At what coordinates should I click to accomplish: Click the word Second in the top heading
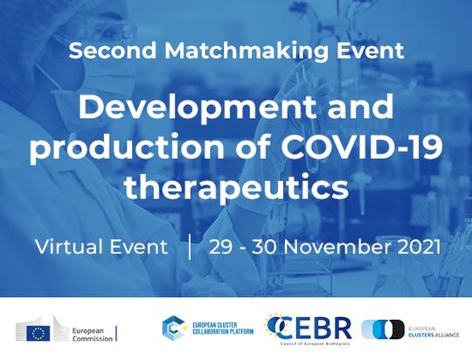[x=113, y=51]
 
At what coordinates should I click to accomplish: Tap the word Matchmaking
[x=246, y=52]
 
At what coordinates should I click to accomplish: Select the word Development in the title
[x=198, y=108]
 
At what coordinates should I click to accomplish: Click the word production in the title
[x=127, y=148]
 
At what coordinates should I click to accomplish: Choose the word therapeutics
[x=236, y=187]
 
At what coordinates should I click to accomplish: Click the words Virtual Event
[x=101, y=246]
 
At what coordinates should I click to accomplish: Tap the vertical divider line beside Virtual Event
[x=190, y=247]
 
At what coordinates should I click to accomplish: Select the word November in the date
[x=337, y=246]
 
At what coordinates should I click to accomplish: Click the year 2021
[x=419, y=246]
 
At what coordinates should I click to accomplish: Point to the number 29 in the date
[x=220, y=247]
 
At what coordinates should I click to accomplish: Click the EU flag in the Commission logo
[x=38, y=334]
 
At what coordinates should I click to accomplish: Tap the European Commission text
[x=92, y=335]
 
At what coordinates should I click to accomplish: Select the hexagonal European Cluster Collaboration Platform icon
[x=174, y=328]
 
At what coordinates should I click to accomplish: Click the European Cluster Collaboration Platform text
[x=223, y=329]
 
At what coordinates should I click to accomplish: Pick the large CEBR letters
[x=310, y=328]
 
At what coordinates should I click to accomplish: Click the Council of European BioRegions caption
[x=315, y=343]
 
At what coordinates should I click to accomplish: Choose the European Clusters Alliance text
[x=434, y=332]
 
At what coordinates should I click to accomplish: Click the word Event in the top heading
[x=370, y=51]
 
